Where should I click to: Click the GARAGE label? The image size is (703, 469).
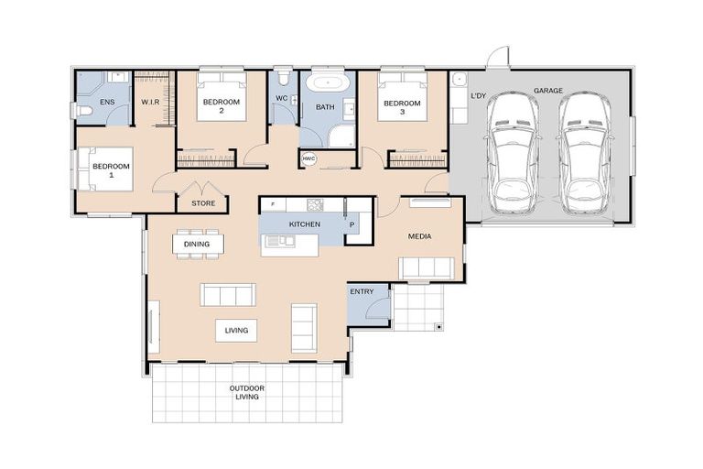click(548, 91)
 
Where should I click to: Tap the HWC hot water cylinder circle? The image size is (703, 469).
click(308, 158)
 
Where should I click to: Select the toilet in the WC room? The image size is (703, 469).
click(283, 77)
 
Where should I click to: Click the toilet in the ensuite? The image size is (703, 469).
click(84, 112)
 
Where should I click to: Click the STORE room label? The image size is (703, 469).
click(203, 203)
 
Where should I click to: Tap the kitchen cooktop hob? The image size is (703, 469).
click(315, 204)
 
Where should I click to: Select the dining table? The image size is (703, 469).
click(198, 245)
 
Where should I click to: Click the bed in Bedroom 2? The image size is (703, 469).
click(222, 96)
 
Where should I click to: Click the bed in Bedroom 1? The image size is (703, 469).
click(106, 169)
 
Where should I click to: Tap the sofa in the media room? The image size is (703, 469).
click(427, 268)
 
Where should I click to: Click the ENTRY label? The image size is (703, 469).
click(362, 291)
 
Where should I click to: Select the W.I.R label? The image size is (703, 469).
click(151, 103)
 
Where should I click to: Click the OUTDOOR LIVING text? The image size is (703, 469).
click(247, 392)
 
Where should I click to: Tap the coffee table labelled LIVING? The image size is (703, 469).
click(236, 331)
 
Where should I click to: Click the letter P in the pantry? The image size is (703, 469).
click(351, 224)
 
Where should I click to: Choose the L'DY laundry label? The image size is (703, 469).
click(479, 95)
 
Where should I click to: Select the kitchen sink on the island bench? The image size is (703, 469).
click(280, 241)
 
